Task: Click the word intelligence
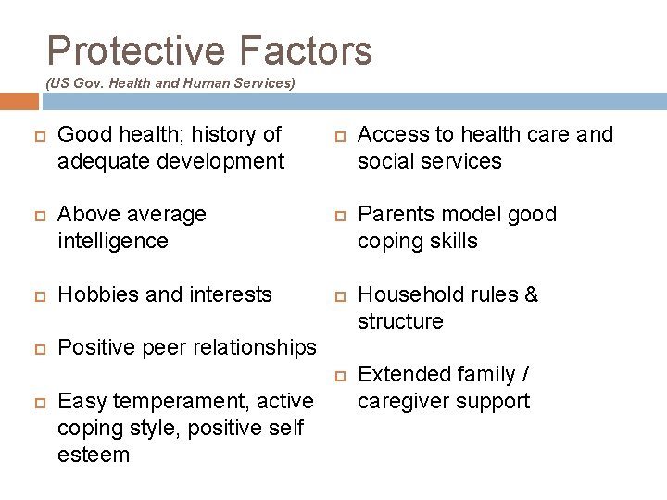[112, 242]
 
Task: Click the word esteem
[93, 455]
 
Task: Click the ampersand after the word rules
[531, 294]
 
